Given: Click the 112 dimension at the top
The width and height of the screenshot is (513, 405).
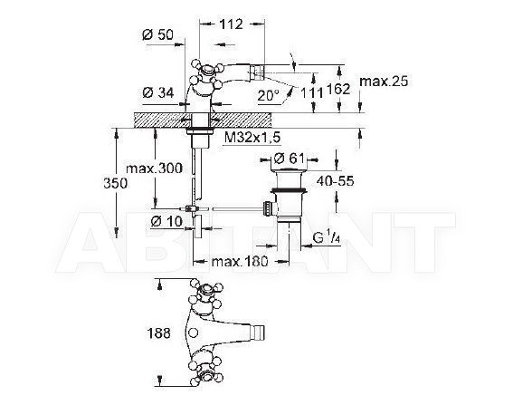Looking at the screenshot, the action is [231, 24].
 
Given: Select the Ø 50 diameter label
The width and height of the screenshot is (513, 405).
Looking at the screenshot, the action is [157, 34].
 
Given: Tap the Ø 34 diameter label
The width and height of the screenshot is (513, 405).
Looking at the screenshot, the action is [158, 93].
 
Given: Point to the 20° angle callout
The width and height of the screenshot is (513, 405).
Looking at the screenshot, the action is [269, 95].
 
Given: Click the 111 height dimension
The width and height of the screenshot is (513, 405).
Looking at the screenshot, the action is [311, 93].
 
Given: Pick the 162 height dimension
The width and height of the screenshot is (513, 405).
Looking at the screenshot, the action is [338, 89].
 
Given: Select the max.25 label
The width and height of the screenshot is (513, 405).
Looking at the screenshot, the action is [384, 81].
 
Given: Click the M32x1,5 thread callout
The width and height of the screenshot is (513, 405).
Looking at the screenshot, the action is [252, 138].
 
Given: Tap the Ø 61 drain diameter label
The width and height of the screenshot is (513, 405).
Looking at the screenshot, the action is [289, 159].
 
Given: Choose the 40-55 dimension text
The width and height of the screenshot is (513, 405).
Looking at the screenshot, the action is [336, 180].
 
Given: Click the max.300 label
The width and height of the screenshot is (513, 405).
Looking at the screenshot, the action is [154, 169].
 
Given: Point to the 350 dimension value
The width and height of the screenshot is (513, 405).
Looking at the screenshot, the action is [115, 183].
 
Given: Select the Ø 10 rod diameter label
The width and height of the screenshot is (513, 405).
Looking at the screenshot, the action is [166, 222].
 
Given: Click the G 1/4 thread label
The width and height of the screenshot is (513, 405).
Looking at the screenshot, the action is [327, 238].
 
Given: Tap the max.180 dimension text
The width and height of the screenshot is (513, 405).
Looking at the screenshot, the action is [240, 261].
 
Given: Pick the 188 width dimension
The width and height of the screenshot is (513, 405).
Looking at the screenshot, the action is [158, 333].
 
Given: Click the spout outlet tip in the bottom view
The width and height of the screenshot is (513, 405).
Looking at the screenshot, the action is [260, 333].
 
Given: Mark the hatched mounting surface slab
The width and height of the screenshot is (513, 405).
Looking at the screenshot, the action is [203, 121].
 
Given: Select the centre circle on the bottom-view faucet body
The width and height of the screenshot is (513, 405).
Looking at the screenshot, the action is [194, 333].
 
